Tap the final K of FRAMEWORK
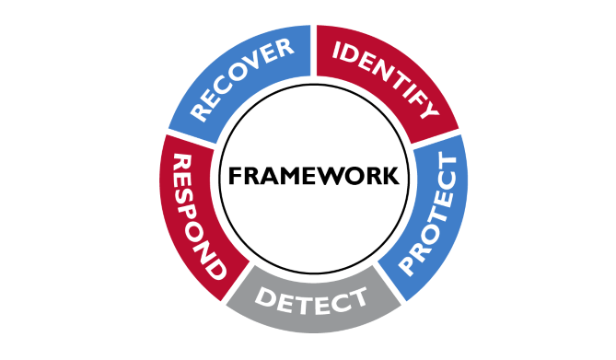[x=391, y=175]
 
